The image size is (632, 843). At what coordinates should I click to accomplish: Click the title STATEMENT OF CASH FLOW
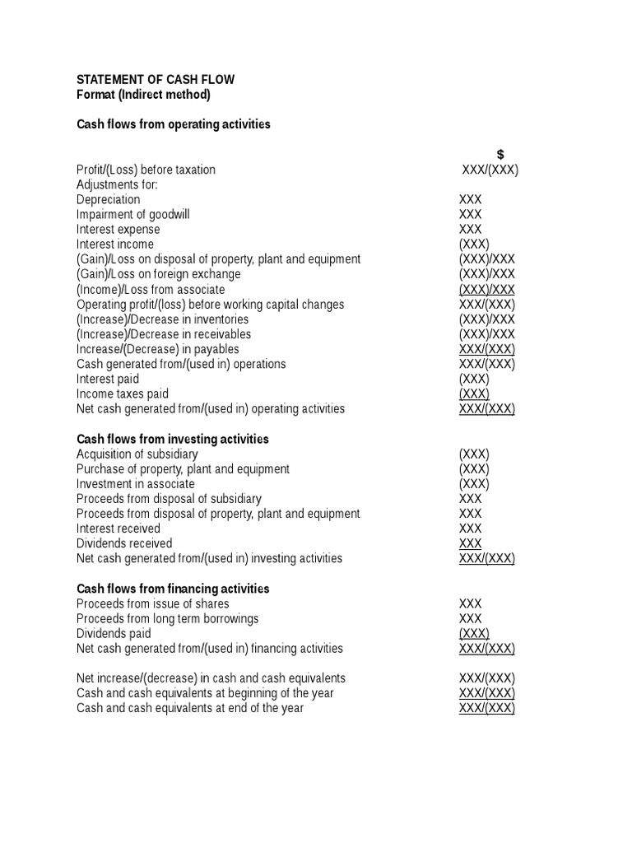click(x=156, y=80)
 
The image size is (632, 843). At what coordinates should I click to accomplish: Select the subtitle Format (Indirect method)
click(x=143, y=95)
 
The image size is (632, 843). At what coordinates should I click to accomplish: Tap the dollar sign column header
click(x=500, y=155)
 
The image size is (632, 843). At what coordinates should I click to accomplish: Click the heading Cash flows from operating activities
click(x=174, y=124)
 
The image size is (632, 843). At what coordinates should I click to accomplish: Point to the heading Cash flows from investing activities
click(x=173, y=439)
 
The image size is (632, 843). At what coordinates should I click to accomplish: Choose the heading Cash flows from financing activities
click(x=173, y=589)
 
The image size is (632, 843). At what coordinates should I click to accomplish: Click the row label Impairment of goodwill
click(x=133, y=214)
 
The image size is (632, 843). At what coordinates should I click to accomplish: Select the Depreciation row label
click(x=109, y=199)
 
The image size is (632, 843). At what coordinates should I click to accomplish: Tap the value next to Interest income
click(x=474, y=245)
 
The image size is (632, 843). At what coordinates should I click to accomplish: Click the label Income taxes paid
click(x=123, y=394)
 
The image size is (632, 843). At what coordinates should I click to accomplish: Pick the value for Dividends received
click(x=471, y=543)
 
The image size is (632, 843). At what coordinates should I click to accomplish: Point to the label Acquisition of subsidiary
click(x=137, y=454)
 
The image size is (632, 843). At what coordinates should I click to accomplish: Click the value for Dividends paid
click(x=474, y=634)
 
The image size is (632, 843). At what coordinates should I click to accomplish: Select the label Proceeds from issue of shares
click(x=153, y=603)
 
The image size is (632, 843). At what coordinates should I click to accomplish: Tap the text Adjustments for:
click(x=117, y=184)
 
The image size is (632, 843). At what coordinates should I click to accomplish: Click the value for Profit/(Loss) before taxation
click(x=490, y=170)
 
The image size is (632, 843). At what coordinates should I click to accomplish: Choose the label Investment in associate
click(x=136, y=484)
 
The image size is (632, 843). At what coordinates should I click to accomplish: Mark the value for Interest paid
click(x=474, y=380)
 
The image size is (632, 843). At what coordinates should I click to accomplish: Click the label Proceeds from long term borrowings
click(x=168, y=618)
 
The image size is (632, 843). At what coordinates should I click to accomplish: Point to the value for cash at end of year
click(x=487, y=708)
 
